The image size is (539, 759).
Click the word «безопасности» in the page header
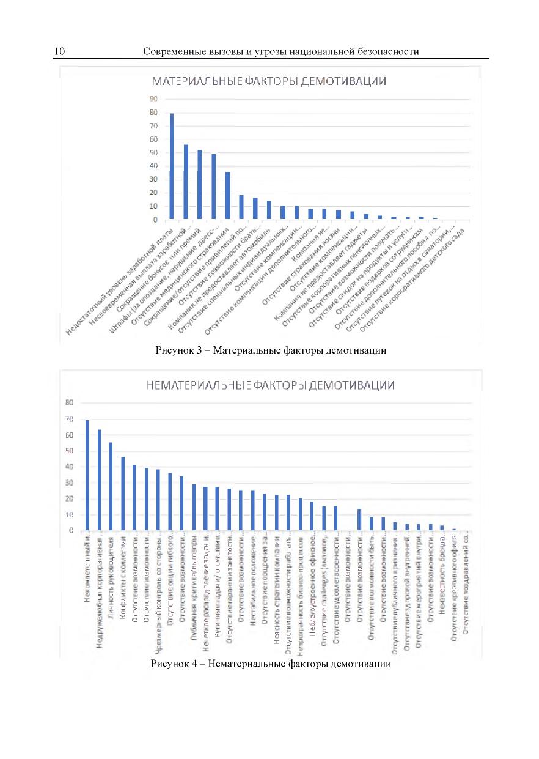(389, 51)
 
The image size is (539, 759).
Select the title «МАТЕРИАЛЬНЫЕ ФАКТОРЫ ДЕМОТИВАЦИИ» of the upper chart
(269, 82)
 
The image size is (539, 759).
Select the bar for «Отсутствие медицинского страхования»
(228, 196)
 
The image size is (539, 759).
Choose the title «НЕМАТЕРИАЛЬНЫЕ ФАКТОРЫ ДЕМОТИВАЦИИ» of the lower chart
(269, 385)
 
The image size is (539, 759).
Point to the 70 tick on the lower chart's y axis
(70, 419)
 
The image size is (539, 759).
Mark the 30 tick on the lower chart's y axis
(70, 483)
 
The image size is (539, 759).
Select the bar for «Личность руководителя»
(111, 486)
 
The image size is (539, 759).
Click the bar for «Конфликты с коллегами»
(122, 494)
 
